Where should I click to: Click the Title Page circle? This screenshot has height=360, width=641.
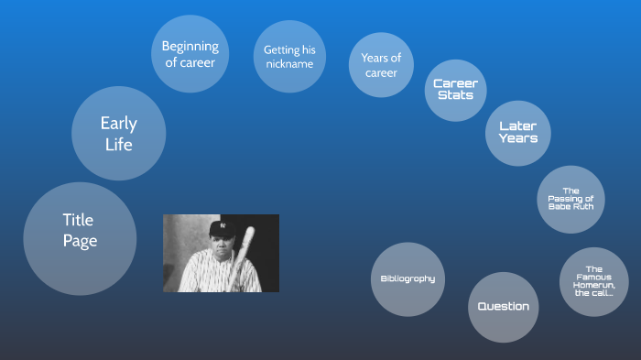79,237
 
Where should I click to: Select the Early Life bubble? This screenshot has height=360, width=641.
117,134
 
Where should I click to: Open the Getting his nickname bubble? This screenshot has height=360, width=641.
289,57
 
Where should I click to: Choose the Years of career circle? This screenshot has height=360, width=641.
381,66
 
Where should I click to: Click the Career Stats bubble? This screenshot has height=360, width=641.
455,90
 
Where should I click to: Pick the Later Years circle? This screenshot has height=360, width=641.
517,132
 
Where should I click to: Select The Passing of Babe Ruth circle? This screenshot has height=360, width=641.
570,199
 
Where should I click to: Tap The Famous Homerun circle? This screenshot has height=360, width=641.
593,281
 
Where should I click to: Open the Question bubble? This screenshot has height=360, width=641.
503,306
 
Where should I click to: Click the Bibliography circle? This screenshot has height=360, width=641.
407,278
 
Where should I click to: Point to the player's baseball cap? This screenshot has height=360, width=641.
222,227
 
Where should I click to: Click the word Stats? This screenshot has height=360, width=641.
455,95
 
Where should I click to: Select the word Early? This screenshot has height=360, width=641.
117,124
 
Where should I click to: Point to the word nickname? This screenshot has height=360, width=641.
289,64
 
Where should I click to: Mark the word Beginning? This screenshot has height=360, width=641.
190,46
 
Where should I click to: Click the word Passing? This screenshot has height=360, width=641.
578,199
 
